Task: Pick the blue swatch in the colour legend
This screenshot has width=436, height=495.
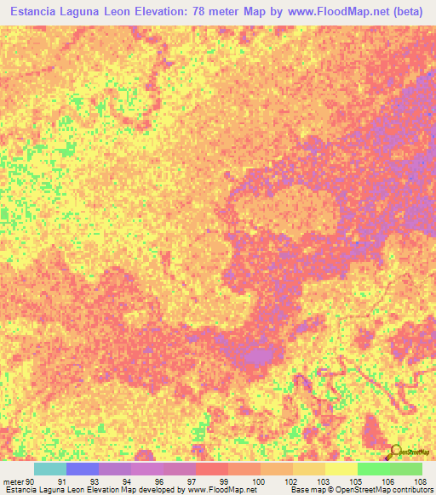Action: [82, 469]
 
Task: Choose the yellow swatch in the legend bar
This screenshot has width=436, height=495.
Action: [341, 469]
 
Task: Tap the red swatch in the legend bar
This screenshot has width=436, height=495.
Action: [211, 469]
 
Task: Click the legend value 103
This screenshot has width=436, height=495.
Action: [321, 481]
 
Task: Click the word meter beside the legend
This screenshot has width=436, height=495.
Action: [13, 481]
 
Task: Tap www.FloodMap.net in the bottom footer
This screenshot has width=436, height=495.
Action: [220, 491]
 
